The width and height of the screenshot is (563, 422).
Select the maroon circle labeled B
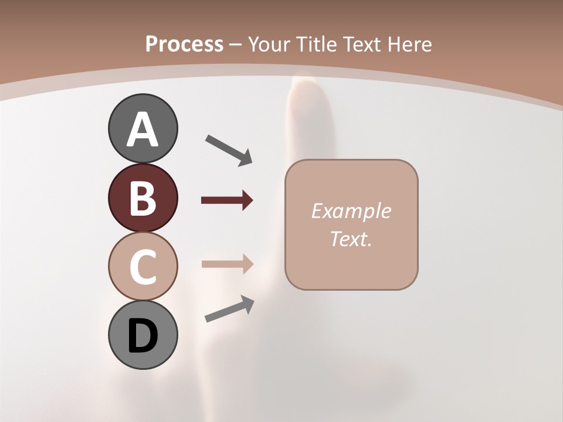click(x=143, y=198)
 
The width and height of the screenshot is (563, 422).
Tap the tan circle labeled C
click(x=143, y=266)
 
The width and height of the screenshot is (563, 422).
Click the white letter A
click(x=143, y=130)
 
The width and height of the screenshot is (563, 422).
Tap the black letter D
click(x=143, y=336)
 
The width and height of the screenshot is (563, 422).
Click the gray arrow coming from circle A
click(x=229, y=150)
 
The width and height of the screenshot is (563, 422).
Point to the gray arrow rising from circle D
click(x=229, y=309)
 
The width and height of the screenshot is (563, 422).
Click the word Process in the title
click(x=184, y=44)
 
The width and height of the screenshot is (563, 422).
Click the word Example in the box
click(x=351, y=211)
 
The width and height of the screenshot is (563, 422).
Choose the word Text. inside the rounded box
click(x=351, y=239)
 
